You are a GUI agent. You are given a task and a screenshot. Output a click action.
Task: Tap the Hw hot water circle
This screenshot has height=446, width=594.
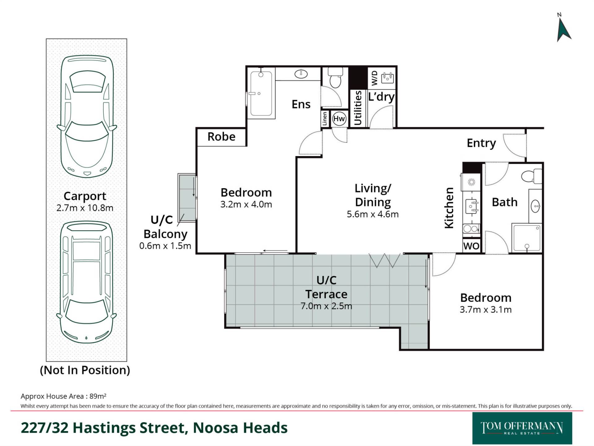point(339,119)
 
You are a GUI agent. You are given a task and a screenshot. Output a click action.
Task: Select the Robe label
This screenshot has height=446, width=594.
point(221,137)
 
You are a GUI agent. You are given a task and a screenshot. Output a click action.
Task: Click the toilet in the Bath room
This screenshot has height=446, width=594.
point(532,177)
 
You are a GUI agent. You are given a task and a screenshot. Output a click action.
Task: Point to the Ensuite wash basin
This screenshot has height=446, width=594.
point(301,74)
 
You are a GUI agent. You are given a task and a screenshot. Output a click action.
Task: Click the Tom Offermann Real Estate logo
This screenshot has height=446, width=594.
point(522,428)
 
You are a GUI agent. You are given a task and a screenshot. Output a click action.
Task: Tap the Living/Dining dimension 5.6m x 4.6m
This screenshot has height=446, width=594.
point(372,214)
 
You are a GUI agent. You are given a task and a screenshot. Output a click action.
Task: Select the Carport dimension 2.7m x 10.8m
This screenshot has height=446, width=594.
point(85,208)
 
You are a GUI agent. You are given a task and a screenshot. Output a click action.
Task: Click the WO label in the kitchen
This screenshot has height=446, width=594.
point(471,246)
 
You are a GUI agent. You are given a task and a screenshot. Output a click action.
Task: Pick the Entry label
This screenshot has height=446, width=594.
point(481,143)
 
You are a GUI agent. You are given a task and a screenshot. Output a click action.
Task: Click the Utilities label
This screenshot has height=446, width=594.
point(358,108)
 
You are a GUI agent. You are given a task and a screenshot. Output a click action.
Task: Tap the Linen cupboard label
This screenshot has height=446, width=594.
point(325,119)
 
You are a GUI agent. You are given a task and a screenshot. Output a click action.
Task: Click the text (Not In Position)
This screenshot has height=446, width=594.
point(85,370)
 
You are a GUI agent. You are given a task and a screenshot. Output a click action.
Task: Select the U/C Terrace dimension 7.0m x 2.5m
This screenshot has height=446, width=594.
point(326,306)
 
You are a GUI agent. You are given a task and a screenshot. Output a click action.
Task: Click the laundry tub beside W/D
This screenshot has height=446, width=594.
point(387,78)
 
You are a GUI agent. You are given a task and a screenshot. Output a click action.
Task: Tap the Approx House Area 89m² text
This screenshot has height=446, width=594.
point(63,396)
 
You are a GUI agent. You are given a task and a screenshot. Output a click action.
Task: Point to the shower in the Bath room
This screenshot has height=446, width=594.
point(527,238)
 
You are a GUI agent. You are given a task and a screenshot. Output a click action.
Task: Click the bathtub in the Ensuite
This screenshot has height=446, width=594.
point(261,93)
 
